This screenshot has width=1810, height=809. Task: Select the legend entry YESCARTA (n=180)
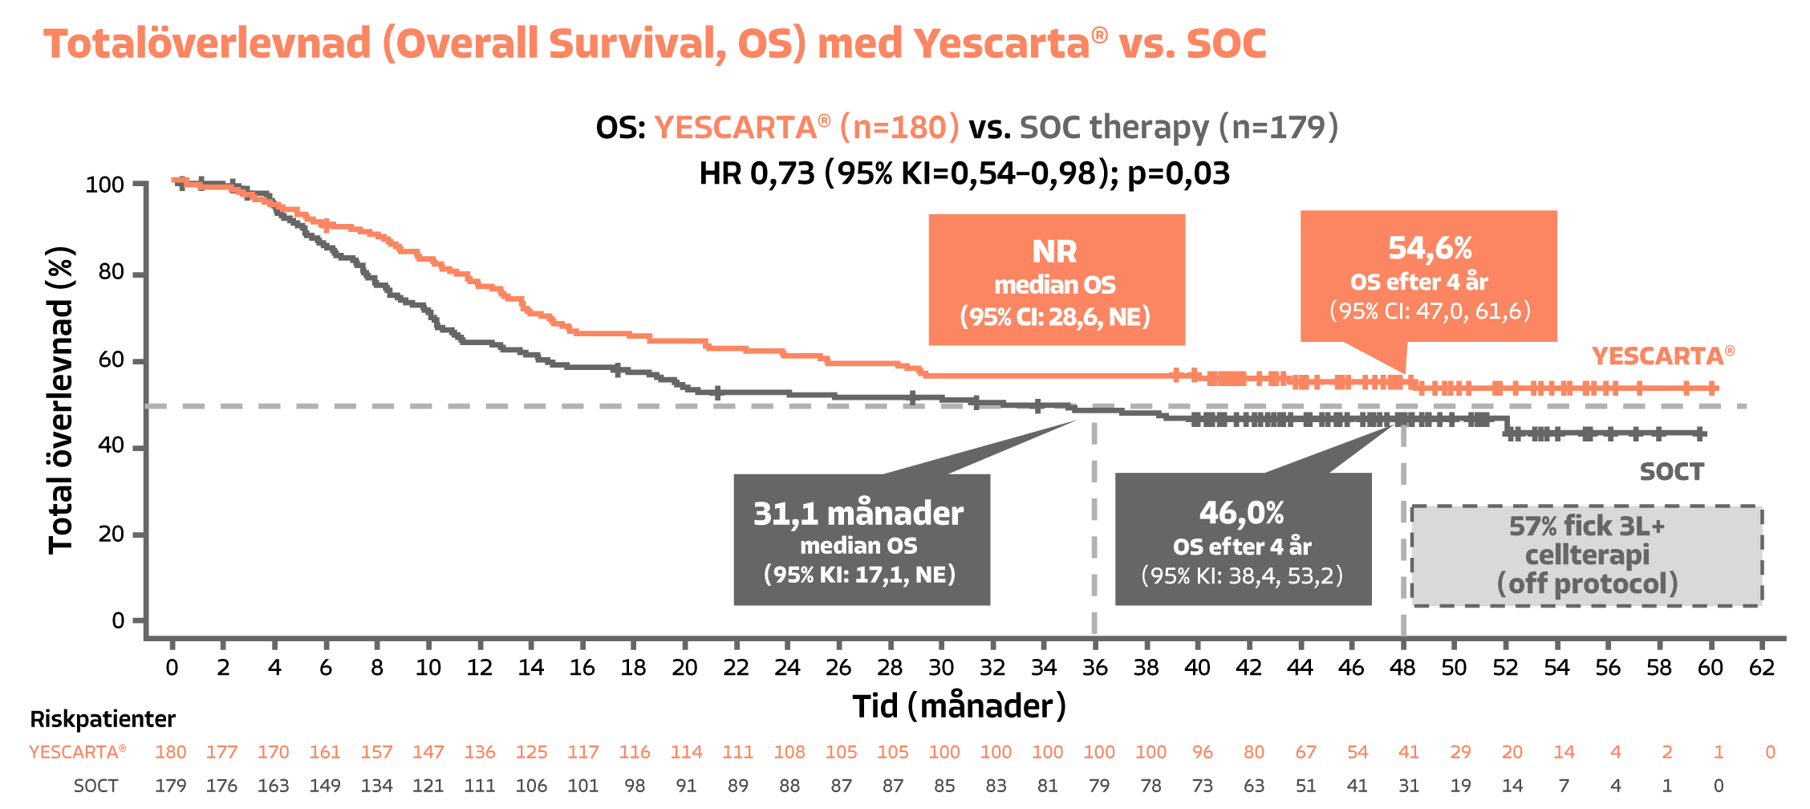click(x=806, y=128)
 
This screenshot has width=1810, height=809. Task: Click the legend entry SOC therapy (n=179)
click(x=1179, y=128)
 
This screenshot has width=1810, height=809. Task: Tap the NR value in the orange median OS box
click(x=1054, y=252)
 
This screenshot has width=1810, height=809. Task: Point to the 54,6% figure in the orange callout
click(x=1430, y=248)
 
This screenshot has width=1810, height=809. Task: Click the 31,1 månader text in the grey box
click(x=858, y=514)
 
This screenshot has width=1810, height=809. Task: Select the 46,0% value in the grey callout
click(x=1242, y=513)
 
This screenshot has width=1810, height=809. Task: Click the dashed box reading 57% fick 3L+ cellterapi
click(x=1587, y=555)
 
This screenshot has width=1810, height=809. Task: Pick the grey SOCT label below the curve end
click(x=1671, y=472)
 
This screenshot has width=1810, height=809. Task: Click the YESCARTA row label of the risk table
click(x=77, y=752)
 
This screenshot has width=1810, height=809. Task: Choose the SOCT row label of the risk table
click(x=95, y=786)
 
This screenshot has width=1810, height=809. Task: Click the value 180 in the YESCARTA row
click(x=170, y=752)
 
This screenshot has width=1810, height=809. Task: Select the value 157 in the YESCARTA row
click(x=376, y=752)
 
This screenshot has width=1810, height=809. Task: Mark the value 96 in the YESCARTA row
click(x=1202, y=752)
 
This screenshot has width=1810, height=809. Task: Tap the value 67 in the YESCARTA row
click(x=1305, y=752)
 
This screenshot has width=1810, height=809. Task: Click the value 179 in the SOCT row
click(x=170, y=786)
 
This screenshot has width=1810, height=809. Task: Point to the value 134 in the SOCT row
click(x=376, y=786)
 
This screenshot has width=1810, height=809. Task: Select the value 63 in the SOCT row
click(x=1253, y=786)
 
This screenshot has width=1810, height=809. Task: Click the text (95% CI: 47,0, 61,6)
click(x=1430, y=311)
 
